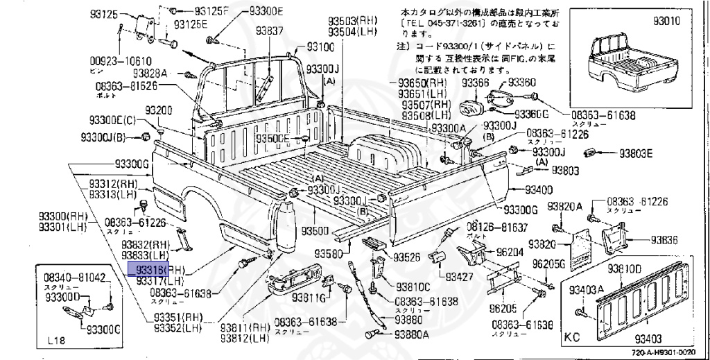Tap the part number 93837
(269, 31)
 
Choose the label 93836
(664, 240)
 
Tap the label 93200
(159, 111)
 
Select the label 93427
(458, 277)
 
